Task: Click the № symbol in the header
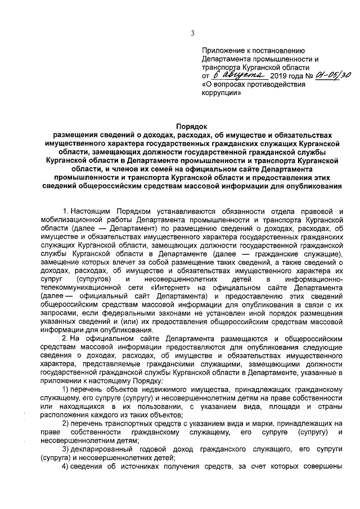coord(308,75)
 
